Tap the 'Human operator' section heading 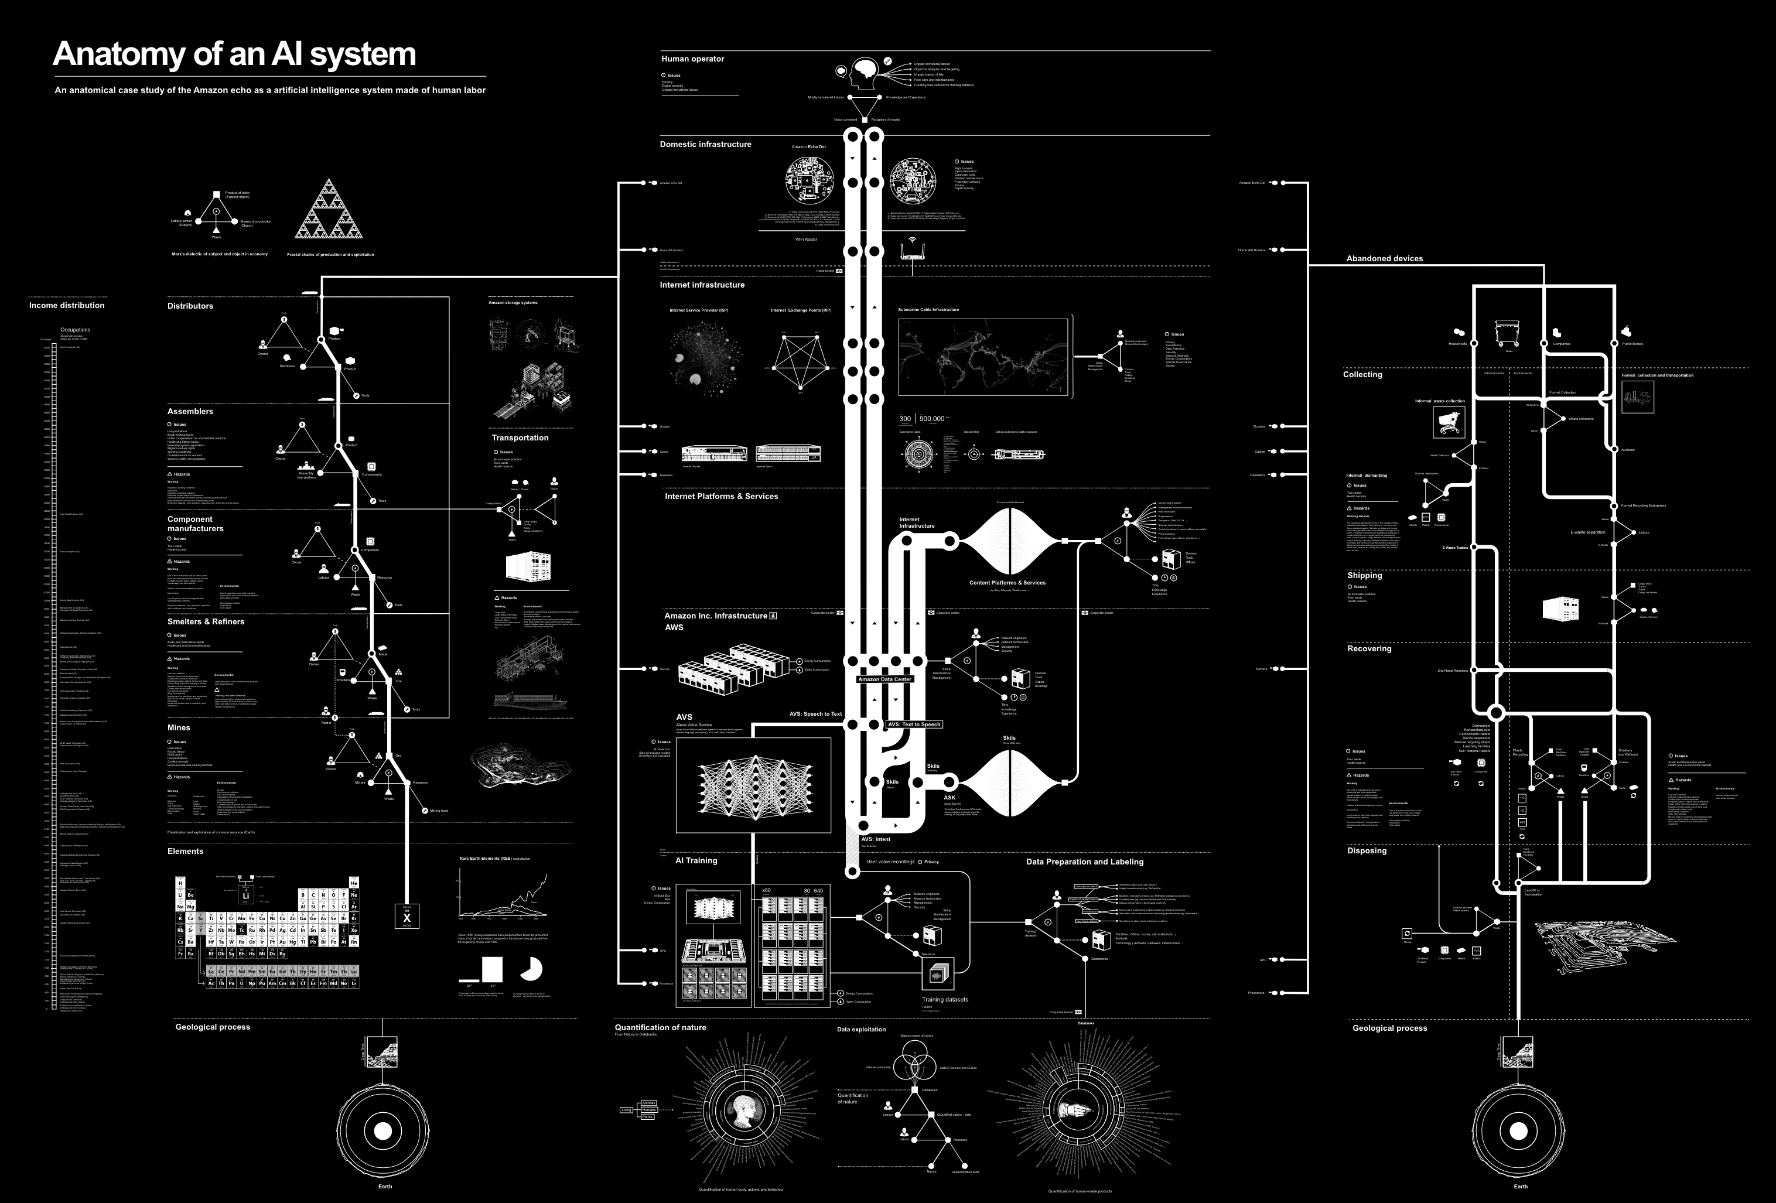click(x=692, y=59)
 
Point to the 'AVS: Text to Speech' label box click(x=914, y=724)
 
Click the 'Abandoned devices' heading click(x=1384, y=258)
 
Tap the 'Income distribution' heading click(x=67, y=306)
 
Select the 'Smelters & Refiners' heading click(x=206, y=622)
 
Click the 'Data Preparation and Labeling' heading click(x=1084, y=862)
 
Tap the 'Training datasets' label click(x=945, y=1000)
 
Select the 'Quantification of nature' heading click(x=660, y=1027)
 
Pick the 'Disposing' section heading click(x=1367, y=850)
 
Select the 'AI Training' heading click(x=696, y=860)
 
